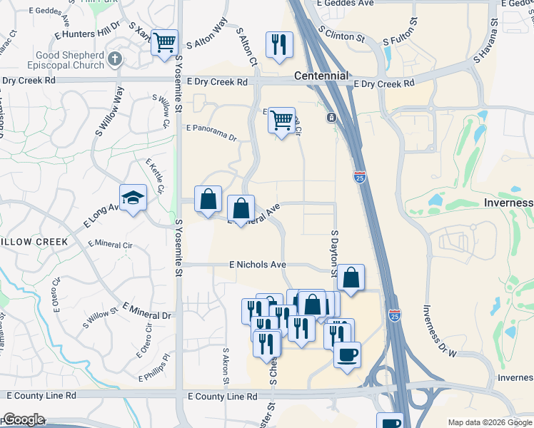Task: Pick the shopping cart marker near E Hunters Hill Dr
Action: point(164,42)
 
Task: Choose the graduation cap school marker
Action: point(133,198)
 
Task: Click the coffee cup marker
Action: point(347,355)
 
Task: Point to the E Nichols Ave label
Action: point(258,265)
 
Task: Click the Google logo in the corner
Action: point(23,419)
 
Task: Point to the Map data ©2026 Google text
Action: point(490,422)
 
